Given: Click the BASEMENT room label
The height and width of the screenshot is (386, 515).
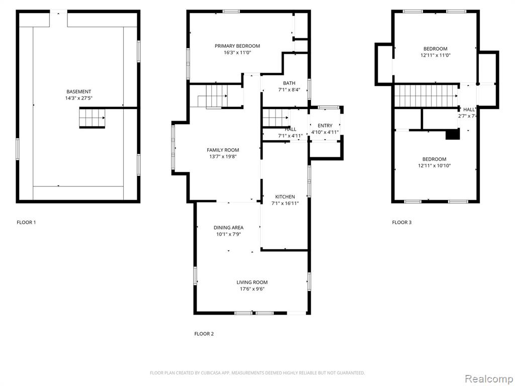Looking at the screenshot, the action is pyautogui.click(x=78, y=91).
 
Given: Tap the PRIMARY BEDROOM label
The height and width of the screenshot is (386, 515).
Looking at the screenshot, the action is pyautogui.click(x=237, y=46).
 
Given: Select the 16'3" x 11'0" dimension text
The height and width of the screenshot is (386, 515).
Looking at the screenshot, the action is pyautogui.click(x=237, y=52).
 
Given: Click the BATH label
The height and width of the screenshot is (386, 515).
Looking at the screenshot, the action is pyautogui.click(x=289, y=83).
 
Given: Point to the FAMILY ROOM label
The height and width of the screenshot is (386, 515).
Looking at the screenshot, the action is pyautogui.click(x=223, y=150).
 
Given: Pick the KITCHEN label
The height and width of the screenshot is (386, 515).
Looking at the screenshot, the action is pyautogui.click(x=285, y=197).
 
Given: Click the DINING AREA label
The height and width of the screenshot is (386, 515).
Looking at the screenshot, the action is pyautogui.click(x=228, y=228).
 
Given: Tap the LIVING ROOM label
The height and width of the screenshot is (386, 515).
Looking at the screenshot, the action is pyautogui.click(x=252, y=282).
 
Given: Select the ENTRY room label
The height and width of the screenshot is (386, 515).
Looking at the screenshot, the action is pyautogui.click(x=325, y=126).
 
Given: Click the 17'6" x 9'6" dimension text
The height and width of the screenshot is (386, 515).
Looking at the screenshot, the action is pyautogui.click(x=252, y=289).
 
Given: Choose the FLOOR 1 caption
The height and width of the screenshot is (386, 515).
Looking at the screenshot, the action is pyautogui.click(x=26, y=222).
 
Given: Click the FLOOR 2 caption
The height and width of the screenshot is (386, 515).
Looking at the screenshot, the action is pyautogui.click(x=204, y=334).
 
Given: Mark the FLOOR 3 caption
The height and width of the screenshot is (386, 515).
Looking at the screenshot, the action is pyautogui.click(x=402, y=222).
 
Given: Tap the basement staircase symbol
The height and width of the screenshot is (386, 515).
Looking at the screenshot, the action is pyautogui.click(x=92, y=118).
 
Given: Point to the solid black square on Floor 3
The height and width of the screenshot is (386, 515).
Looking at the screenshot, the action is pyautogui.click(x=453, y=134).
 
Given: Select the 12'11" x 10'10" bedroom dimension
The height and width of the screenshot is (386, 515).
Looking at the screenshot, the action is pyautogui.click(x=434, y=166).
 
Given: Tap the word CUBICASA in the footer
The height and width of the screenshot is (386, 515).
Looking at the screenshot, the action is pyautogui.click(x=211, y=373).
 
